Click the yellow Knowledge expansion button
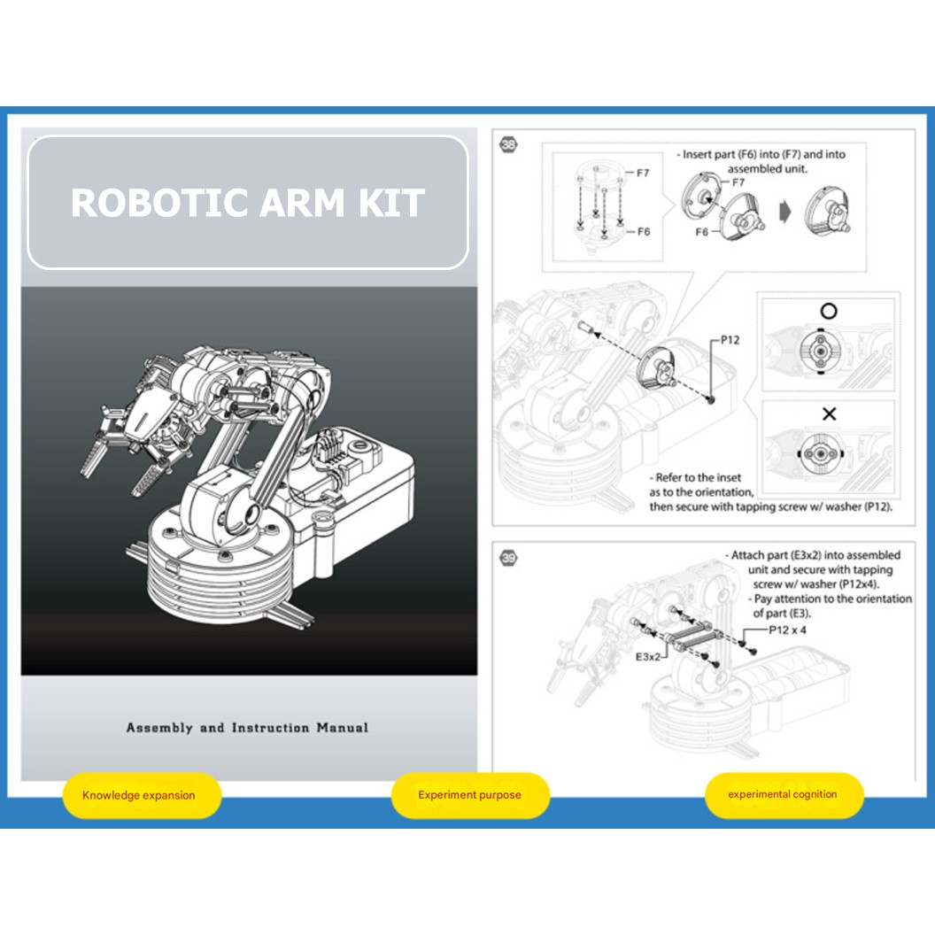point(139,795)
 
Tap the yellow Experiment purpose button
point(469,795)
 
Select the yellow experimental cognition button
point(782,794)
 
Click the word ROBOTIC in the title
point(157,203)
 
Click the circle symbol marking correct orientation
point(829,312)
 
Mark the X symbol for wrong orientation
point(829,413)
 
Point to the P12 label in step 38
point(730,340)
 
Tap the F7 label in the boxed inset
point(643,173)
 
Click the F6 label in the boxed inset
point(643,231)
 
